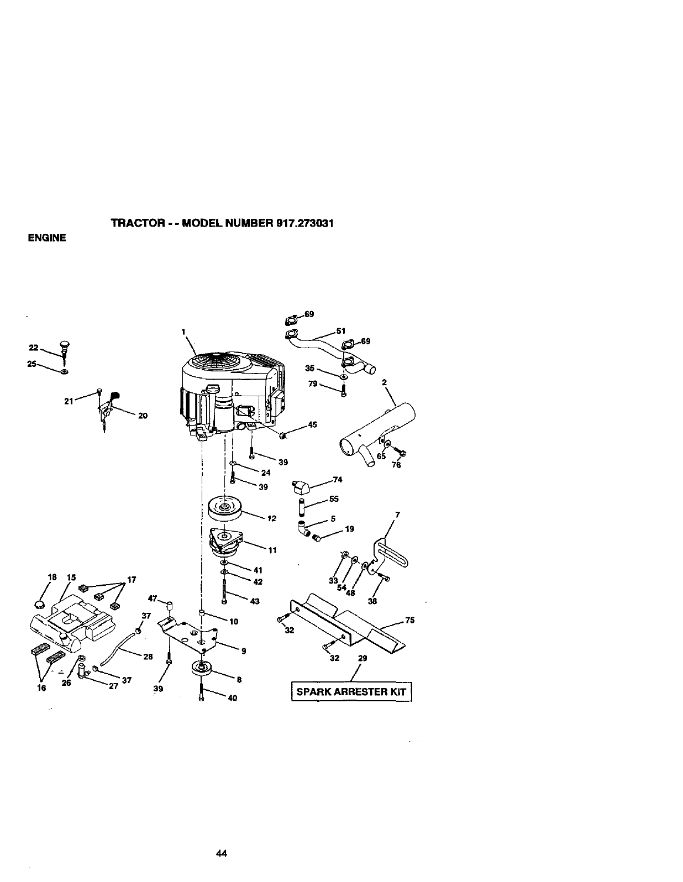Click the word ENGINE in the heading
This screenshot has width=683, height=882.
47,238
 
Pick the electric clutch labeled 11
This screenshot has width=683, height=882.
226,542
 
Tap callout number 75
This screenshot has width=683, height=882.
409,620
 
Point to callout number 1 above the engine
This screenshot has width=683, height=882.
182,332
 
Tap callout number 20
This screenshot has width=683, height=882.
142,416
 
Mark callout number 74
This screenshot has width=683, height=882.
338,480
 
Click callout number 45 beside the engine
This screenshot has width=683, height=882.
312,424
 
